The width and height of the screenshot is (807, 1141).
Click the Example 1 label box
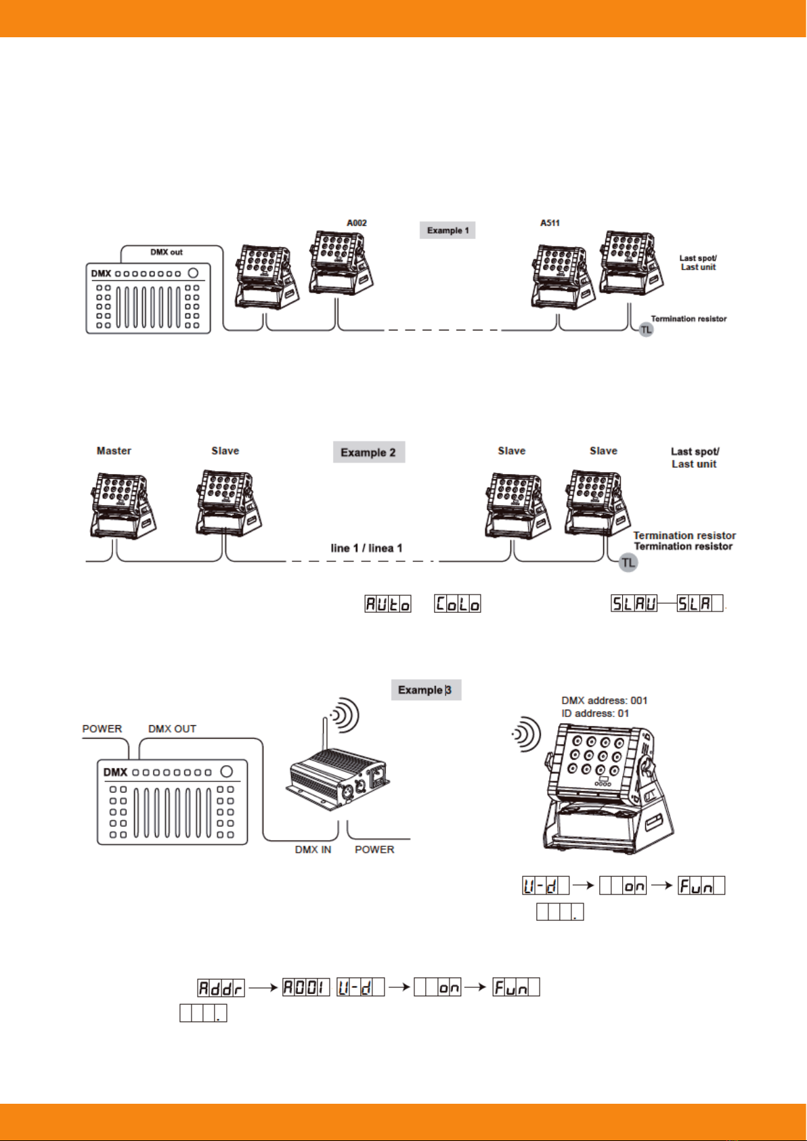pyautogui.click(x=448, y=230)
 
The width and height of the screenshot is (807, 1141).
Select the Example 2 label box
pyautogui.click(x=368, y=452)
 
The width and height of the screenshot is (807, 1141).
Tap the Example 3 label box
pyautogui.click(x=425, y=690)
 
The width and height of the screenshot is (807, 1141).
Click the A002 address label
pyautogui.click(x=357, y=223)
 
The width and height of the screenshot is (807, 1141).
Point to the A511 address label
pyautogui.click(x=550, y=223)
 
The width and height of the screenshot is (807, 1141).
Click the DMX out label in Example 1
pyautogui.click(x=167, y=252)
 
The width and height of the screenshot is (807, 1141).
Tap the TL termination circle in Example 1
pyautogui.click(x=647, y=330)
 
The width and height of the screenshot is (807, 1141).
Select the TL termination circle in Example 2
pyautogui.click(x=629, y=563)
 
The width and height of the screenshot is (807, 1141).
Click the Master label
pyautogui.click(x=114, y=451)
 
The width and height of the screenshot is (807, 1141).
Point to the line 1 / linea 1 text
pyautogui.click(x=366, y=548)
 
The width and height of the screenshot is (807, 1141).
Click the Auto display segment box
pyautogui.click(x=388, y=604)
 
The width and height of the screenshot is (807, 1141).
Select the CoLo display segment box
pyautogui.click(x=458, y=604)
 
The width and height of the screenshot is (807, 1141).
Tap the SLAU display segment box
pyautogui.click(x=634, y=603)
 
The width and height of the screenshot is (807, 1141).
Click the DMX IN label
pyautogui.click(x=313, y=850)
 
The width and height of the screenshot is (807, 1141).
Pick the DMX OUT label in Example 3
pyautogui.click(x=172, y=729)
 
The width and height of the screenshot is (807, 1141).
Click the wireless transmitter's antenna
pyautogui.click(x=325, y=735)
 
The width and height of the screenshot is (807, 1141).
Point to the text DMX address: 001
pyautogui.click(x=604, y=701)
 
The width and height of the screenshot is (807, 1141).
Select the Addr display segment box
pyautogui.click(x=221, y=988)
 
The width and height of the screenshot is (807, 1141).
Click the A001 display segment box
pyautogui.click(x=306, y=988)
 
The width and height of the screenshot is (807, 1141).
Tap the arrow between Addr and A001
pyautogui.click(x=263, y=988)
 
